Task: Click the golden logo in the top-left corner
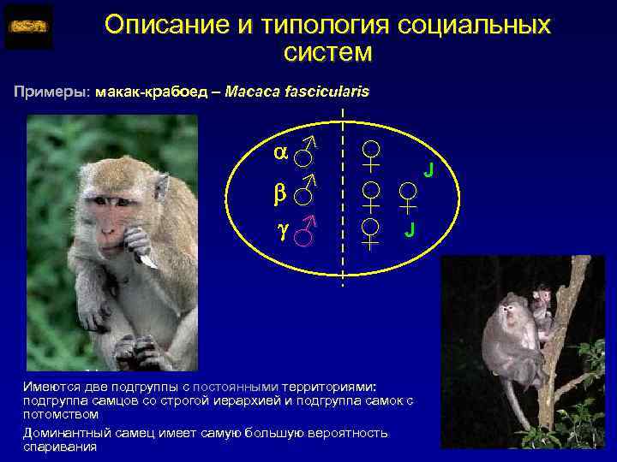point(27,27)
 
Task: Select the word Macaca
point(250,92)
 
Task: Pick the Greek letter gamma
point(281,230)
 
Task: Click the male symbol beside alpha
point(305,152)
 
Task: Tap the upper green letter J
point(428,171)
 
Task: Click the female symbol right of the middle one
point(407,198)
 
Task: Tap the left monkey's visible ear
point(160,187)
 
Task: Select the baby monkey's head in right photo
point(541,299)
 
